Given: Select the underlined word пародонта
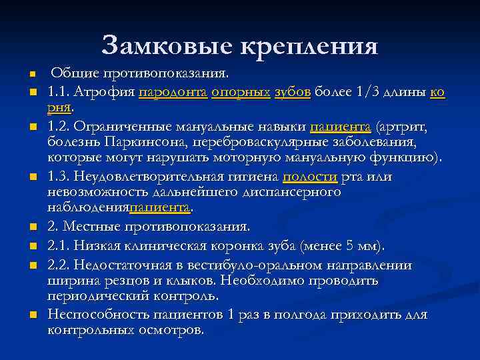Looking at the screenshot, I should pos(173,92).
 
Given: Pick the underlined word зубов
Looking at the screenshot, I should pos(292,92).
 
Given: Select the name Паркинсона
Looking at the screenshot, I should pos(137,142).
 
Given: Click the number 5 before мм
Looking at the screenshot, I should pos(350,246).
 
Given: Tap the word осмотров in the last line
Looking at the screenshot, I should pos(170,330).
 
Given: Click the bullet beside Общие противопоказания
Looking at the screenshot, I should pos(31,74).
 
